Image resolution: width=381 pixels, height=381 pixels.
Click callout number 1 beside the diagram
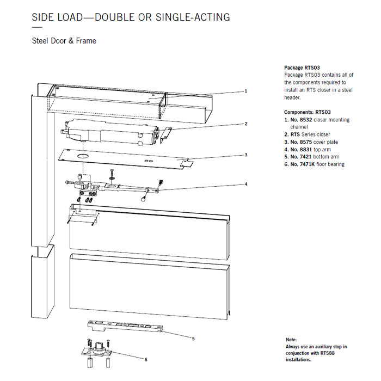click(245, 91)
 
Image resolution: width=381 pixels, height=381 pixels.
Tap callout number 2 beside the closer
click(245, 124)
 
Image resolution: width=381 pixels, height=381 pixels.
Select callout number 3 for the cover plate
click(245, 155)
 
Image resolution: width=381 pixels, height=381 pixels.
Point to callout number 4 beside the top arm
click(245, 184)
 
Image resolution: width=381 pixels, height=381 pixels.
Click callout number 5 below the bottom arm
click(193, 338)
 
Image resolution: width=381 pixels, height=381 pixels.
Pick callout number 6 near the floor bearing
click(145, 359)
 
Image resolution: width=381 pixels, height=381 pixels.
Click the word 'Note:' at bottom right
click(291, 340)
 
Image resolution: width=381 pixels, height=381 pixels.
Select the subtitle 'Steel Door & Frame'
click(64, 41)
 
